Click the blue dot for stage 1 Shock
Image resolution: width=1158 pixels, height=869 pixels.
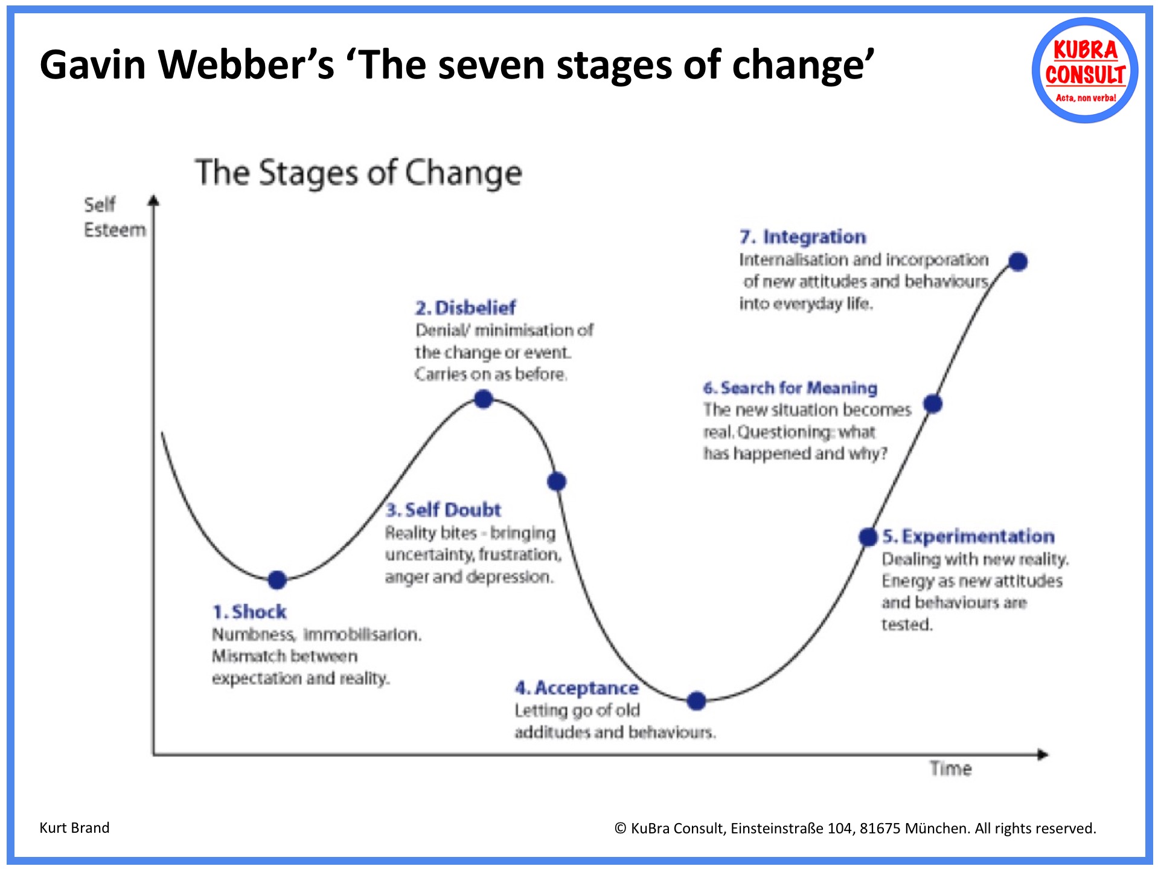(x=277, y=580)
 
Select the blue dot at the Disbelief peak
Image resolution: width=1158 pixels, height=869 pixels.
(x=484, y=399)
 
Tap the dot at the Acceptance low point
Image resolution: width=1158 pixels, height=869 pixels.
(x=697, y=701)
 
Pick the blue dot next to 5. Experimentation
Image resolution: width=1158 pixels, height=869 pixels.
(x=868, y=536)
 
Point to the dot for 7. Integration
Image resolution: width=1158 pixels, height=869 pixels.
(x=1018, y=261)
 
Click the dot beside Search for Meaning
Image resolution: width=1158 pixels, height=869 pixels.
(x=933, y=403)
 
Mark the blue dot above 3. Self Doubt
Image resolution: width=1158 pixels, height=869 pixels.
(x=557, y=481)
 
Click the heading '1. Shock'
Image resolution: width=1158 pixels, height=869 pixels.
(x=249, y=612)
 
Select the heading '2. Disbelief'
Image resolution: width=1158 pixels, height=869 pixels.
(x=465, y=308)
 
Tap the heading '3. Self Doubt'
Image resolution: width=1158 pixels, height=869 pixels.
(x=443, y=510)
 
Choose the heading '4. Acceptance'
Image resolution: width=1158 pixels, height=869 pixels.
(x=577, y=688)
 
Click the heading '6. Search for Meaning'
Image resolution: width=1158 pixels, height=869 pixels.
(x=790, y=388)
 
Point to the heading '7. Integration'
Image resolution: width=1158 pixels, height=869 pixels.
(x=802, y=237)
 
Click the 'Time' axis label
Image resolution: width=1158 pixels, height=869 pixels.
(x=950, y=769)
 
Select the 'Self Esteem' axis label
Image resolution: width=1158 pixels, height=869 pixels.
(x=114, y=217)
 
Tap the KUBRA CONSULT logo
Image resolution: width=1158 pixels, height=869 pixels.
(x=1085, y=71)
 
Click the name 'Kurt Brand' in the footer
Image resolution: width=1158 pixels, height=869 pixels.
(x=74, y=827)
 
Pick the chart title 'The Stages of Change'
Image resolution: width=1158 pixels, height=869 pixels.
(x=358, y=173)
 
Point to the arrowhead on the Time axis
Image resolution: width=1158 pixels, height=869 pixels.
(x=1042, y=754)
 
